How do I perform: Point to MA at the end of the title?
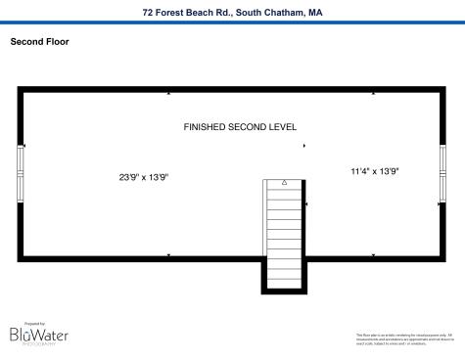tap(315, 14)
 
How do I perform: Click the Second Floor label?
tap(38, 42)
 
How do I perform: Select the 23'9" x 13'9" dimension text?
tap(144, 177)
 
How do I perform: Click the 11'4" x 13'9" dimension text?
tap(375, 171)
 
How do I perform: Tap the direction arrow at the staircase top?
tap(285, 183)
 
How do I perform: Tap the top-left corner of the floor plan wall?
tap(20, 90)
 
